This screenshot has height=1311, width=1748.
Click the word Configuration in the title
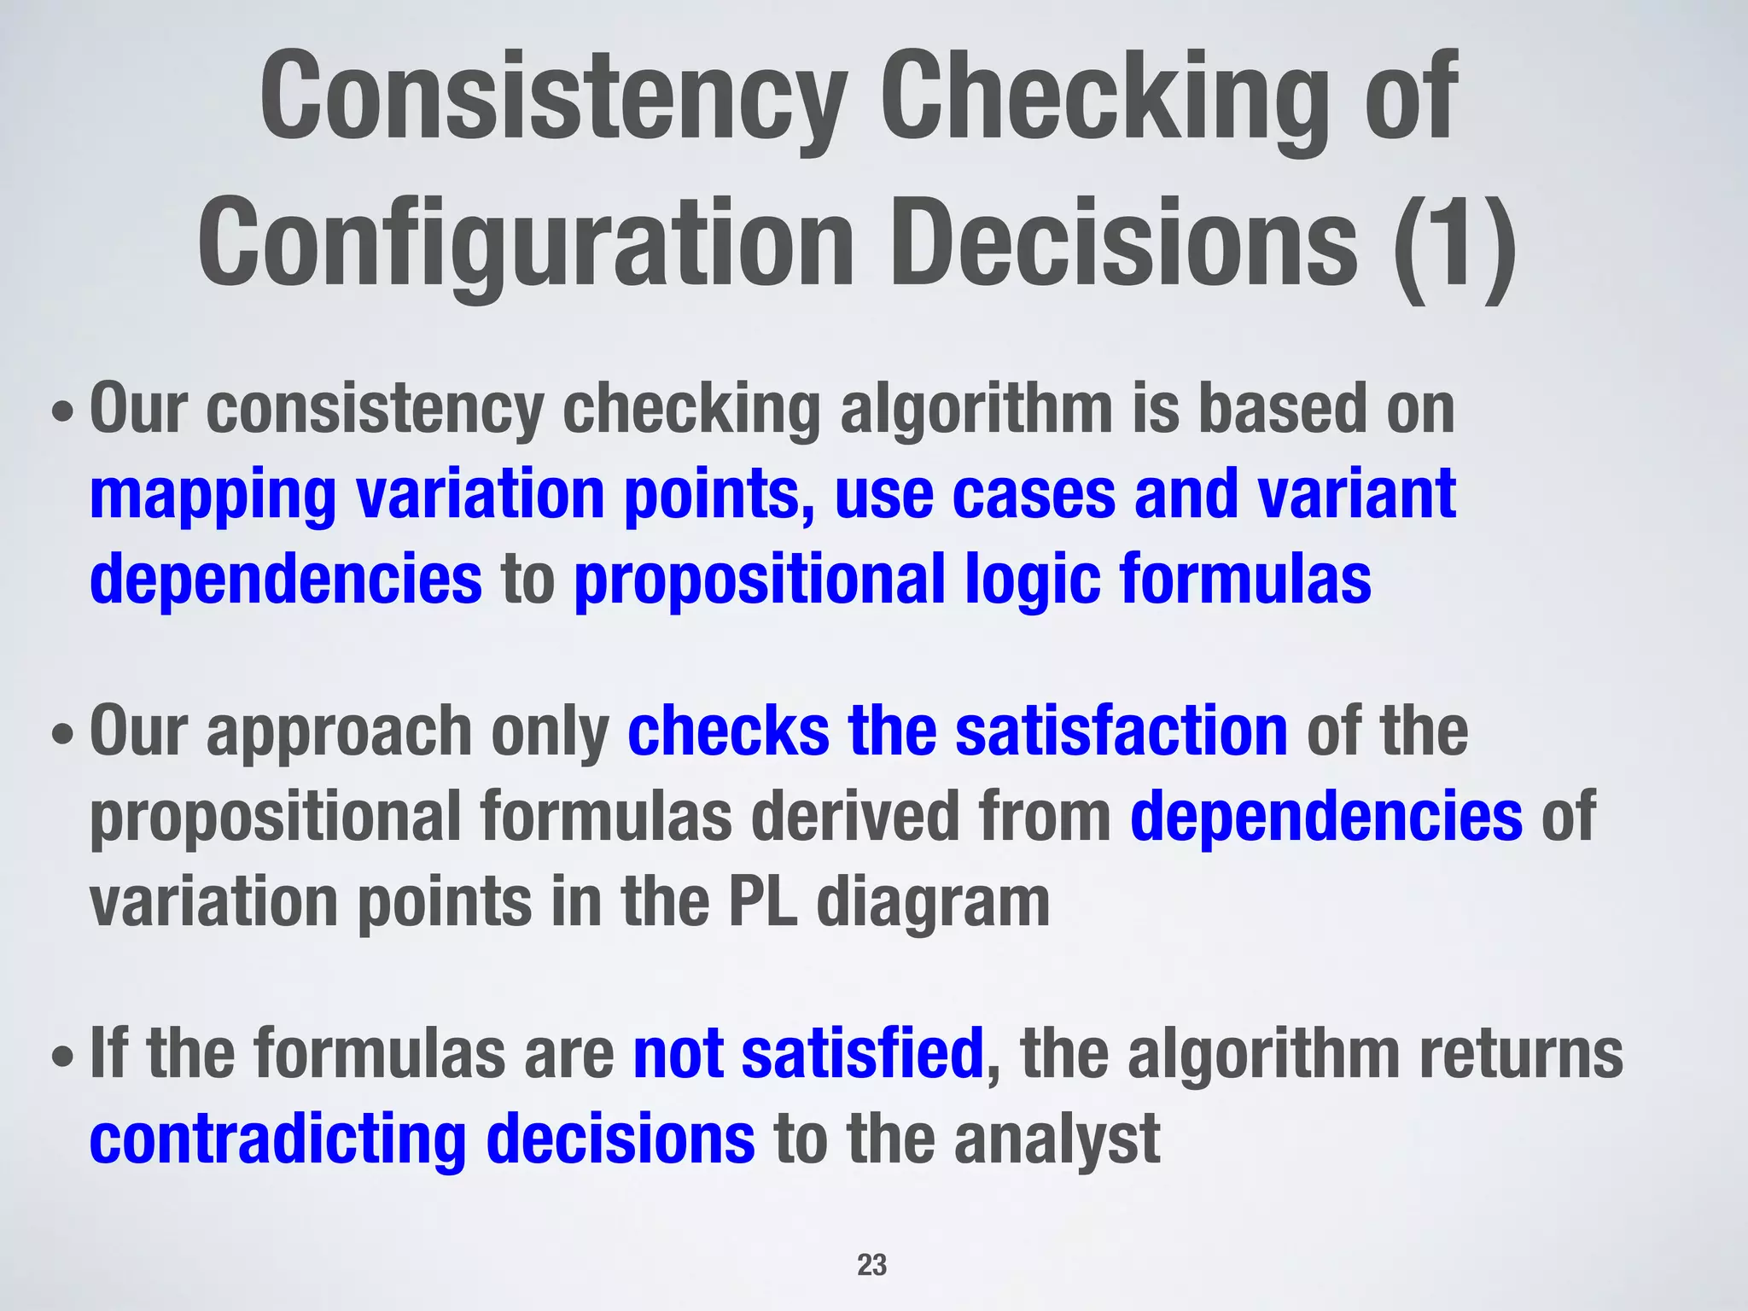[526, 243]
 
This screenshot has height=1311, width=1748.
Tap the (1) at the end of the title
[1454, 243]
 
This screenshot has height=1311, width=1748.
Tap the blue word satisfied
[862, 1053]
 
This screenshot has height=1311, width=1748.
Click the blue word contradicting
[277, 1139]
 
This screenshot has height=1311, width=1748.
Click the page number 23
[871, 1265]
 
